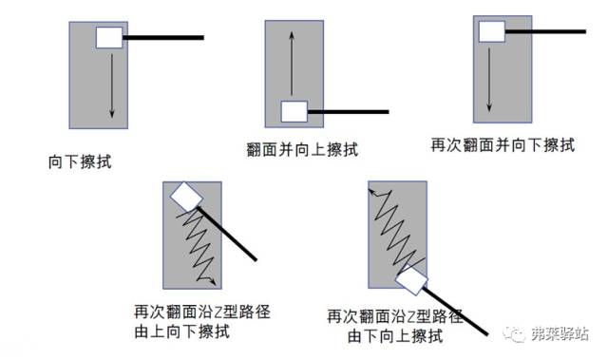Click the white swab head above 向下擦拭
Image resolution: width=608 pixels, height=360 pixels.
109,38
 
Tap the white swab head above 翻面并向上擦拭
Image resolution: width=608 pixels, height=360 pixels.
294,111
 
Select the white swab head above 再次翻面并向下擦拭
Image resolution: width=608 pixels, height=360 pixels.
492,31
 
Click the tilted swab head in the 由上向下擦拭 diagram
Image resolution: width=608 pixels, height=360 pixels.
186,197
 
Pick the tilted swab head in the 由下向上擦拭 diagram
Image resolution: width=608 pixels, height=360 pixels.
411,280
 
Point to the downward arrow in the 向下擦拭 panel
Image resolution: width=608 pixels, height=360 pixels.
112,85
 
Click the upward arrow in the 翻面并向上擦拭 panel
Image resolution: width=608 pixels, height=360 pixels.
292,64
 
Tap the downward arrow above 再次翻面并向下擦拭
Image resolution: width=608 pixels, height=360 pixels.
489,80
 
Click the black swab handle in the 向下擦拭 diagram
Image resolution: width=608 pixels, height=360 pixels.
163,38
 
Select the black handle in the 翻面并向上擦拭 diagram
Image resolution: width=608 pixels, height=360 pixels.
349,111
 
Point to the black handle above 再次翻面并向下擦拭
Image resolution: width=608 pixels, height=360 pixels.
545,31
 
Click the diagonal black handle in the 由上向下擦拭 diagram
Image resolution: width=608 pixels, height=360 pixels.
227,234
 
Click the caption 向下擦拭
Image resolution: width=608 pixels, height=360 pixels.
80,162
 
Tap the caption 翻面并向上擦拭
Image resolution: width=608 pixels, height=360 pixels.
302,149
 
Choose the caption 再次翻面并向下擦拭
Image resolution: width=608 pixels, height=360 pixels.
503,145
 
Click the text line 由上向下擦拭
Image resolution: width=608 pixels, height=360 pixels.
181,332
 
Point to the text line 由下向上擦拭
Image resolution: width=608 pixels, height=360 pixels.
395,336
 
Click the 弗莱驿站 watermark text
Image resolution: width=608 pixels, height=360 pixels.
560,333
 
